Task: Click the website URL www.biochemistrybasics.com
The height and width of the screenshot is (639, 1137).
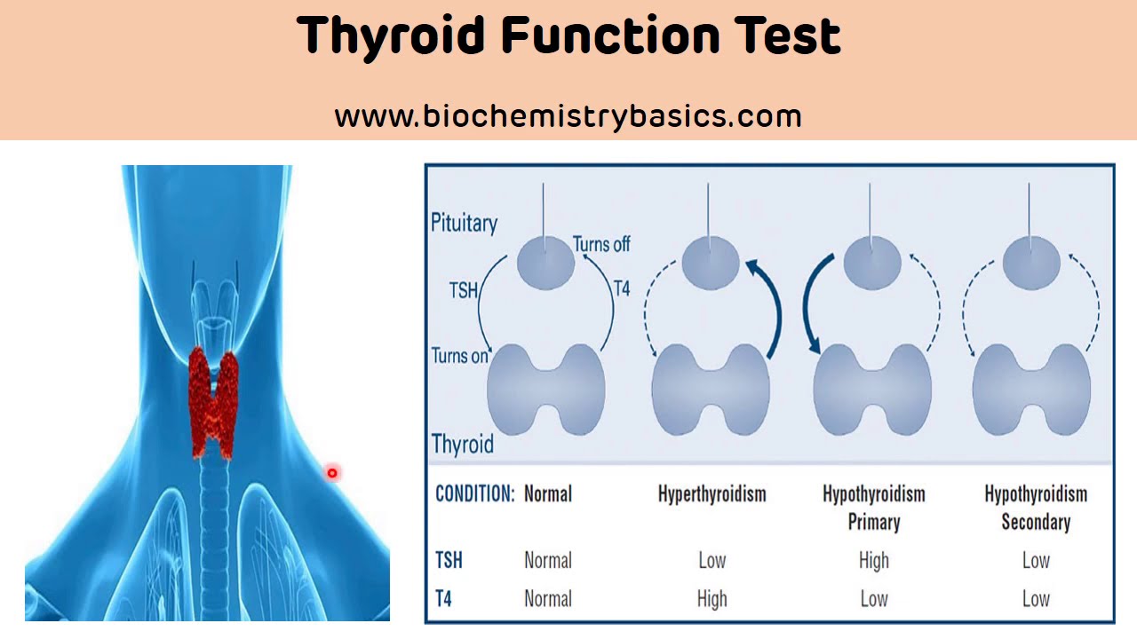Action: click(x=568, y=116)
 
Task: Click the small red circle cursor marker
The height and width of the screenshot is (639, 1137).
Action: click(x=332, y=473)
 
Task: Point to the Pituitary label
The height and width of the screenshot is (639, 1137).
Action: click(x=464, y=223)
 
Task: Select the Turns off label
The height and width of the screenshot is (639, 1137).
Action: click(x=601, y=244)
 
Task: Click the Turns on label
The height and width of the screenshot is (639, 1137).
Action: click(x=459, y=356)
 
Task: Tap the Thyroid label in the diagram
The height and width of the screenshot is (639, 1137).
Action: click(x=463, y=444)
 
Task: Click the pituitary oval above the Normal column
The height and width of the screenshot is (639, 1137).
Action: click(x=545, y=263)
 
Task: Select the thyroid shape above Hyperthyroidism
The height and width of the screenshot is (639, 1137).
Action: click(x=711, y=390)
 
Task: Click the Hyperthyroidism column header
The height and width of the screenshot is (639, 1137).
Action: click(x=712, y=493)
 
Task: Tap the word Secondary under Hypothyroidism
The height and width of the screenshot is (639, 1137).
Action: click(x=1036, y=522)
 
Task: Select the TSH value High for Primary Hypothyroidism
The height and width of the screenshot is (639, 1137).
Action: click(x=874, y=560)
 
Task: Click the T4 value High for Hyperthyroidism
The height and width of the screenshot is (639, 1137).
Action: click(x=712, y=599)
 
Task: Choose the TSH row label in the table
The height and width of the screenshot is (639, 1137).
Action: click(x=449, y=560)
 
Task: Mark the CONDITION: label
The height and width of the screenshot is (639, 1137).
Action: click(x=475, y=493)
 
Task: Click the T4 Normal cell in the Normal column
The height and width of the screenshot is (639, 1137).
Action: click(x=548, y=599)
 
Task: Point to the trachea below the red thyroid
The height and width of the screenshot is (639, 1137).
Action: click(x=214, y=538)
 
